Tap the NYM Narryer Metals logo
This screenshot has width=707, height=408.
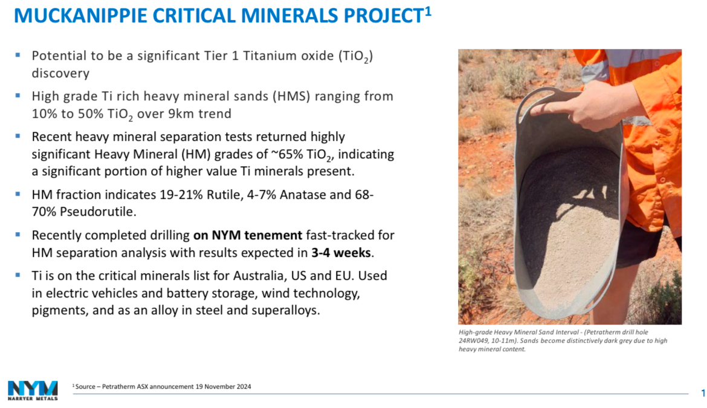click(x=33, y=390)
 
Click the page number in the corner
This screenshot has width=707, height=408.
click(x=703, y=393)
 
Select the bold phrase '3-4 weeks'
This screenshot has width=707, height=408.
click(x=341, y=253)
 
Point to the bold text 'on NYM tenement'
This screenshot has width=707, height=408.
click(x=248, y=235)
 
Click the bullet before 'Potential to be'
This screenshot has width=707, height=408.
click(x=18, y=55)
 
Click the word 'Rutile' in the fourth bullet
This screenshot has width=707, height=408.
click(x=223, y=195)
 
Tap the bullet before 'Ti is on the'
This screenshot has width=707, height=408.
click(x=18, y=275)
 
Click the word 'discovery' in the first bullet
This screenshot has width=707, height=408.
click(x=60, y=73)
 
